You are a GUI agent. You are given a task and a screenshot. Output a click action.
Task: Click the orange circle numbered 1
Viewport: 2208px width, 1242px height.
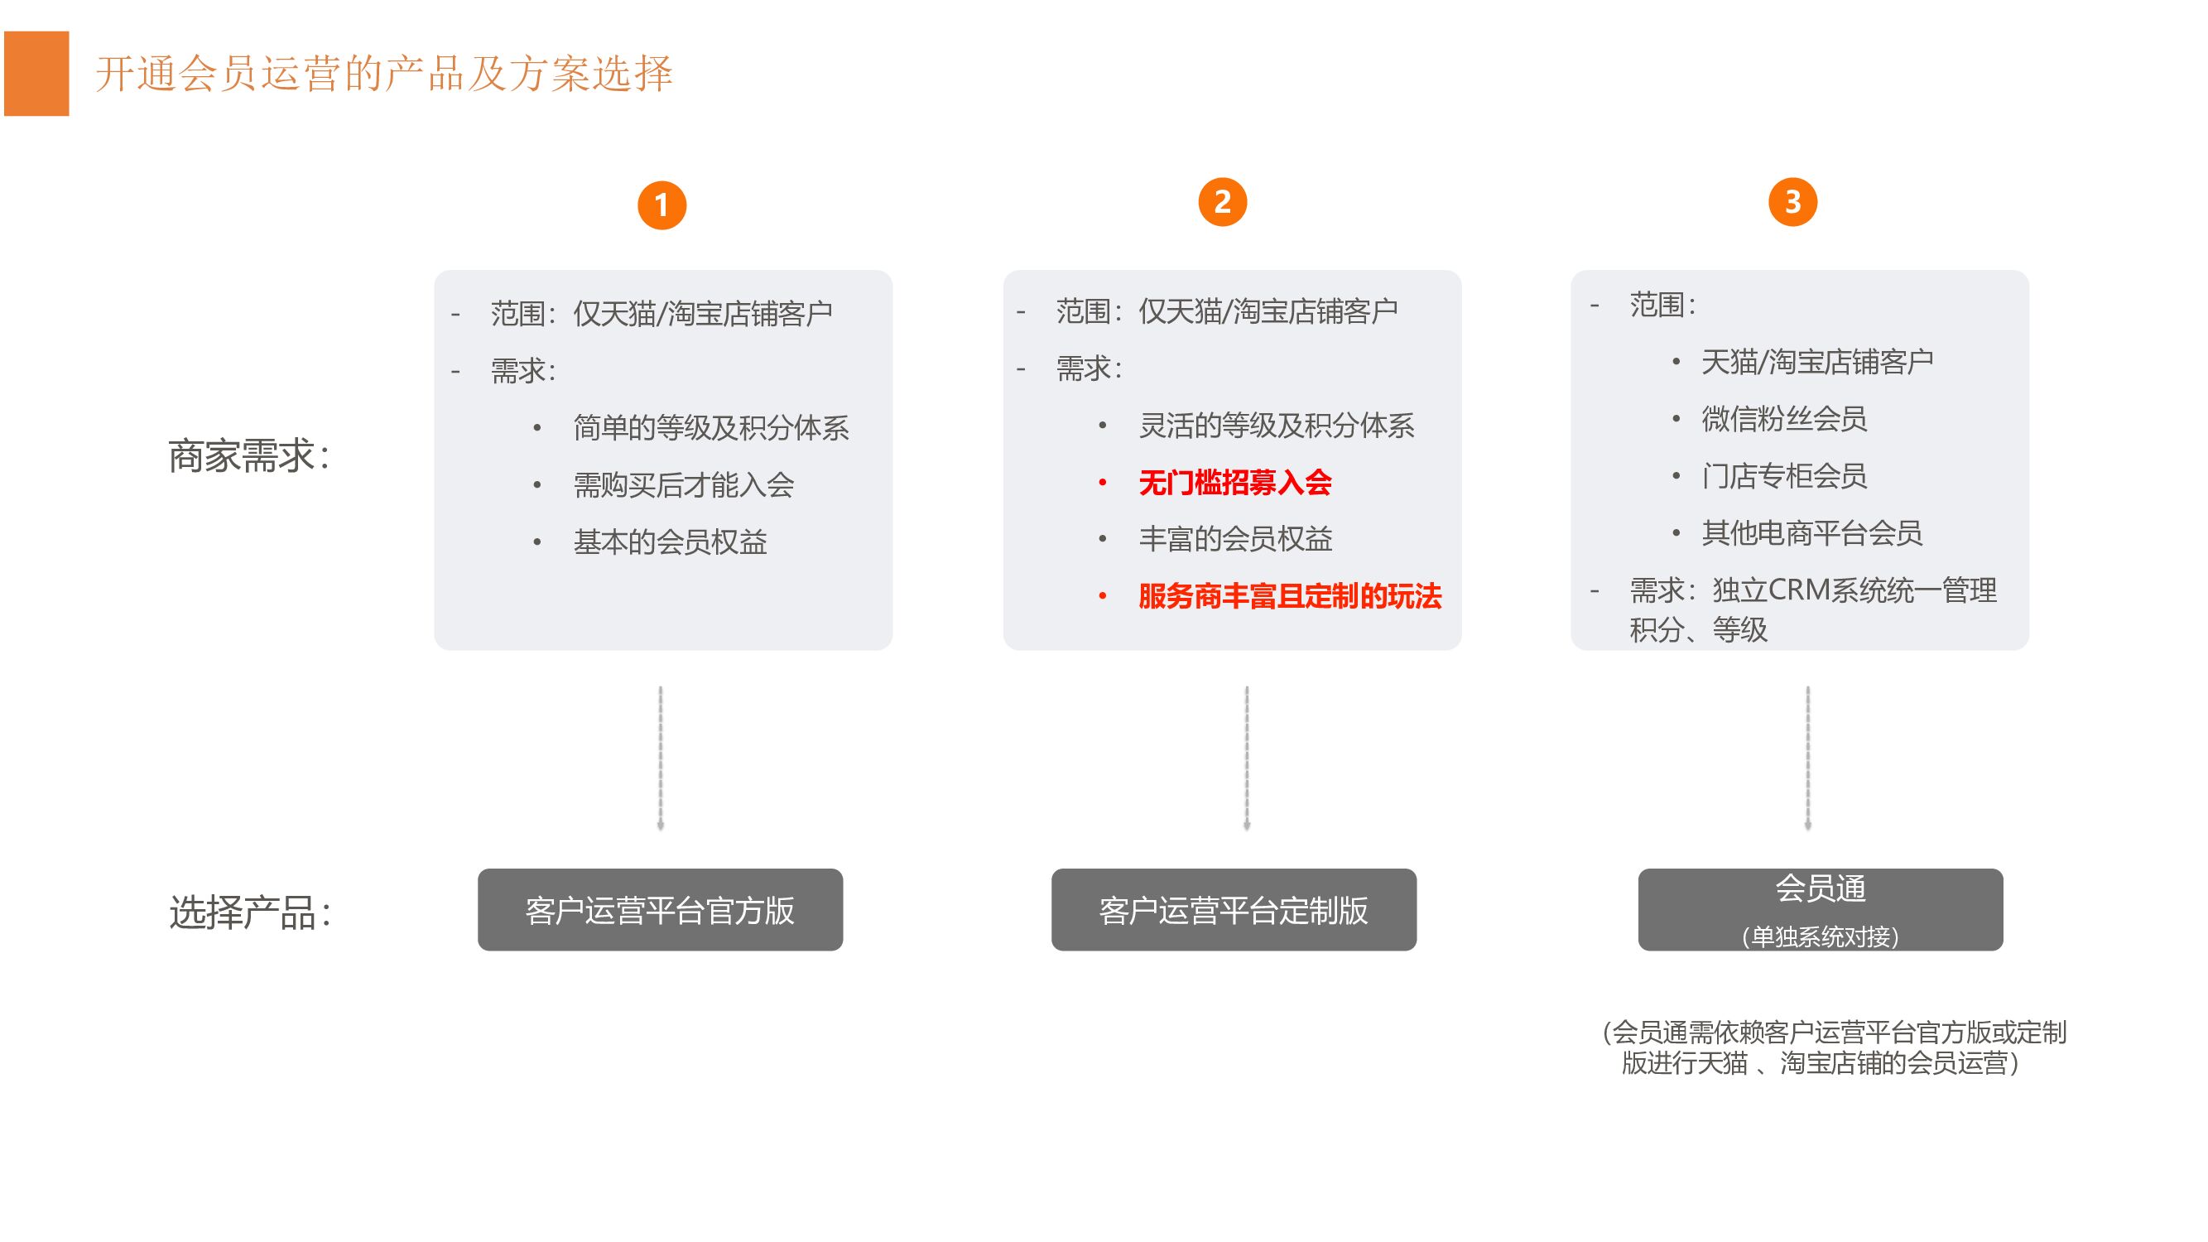(661, 205)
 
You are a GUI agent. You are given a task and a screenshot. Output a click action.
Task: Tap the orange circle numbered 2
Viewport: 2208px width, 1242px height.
(1222, 202)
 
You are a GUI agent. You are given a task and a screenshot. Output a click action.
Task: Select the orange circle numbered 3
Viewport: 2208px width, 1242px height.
(1792, 202)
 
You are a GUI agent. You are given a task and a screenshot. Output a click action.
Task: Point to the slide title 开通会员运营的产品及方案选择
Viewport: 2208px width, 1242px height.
(384, 74)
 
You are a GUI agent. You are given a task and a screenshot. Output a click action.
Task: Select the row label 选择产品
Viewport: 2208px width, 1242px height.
(249, 912)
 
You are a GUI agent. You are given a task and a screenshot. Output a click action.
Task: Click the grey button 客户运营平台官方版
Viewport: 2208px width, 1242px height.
(660, 909)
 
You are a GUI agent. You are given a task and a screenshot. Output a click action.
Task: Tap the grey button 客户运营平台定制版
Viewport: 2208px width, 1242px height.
(1234, 909)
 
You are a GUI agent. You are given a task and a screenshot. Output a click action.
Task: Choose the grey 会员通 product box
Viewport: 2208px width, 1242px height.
(1820, 909)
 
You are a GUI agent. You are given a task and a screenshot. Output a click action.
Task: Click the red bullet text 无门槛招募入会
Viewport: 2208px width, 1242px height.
(1234, 483)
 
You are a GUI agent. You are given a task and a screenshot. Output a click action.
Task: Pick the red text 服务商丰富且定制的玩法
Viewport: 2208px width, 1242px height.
(1289, 596)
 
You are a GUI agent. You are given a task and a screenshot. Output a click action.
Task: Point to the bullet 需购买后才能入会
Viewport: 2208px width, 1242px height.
(683, 485)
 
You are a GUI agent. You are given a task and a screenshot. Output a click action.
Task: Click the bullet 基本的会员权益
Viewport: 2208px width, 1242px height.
(670, 542)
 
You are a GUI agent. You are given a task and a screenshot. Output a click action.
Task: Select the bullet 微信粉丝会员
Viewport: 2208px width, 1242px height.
(1784, 419)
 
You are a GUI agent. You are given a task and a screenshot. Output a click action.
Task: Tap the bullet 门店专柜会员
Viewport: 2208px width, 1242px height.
(1784, 476)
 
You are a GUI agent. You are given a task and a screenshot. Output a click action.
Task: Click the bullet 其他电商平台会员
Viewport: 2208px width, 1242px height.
(1811, 533)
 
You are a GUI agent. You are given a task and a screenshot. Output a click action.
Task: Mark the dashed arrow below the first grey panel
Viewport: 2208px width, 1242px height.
(660, 758)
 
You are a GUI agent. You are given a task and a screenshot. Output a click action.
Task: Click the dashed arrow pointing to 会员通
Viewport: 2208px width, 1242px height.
(1808, 758)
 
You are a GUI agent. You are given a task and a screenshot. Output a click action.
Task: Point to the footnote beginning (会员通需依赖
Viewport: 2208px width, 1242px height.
(1834, 1047)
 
